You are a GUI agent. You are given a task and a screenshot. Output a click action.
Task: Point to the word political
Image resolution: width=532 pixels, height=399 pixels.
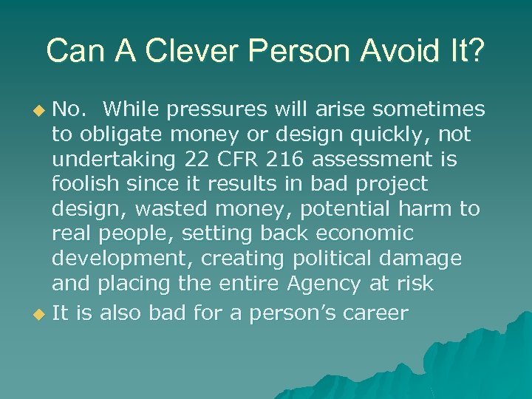338,259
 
